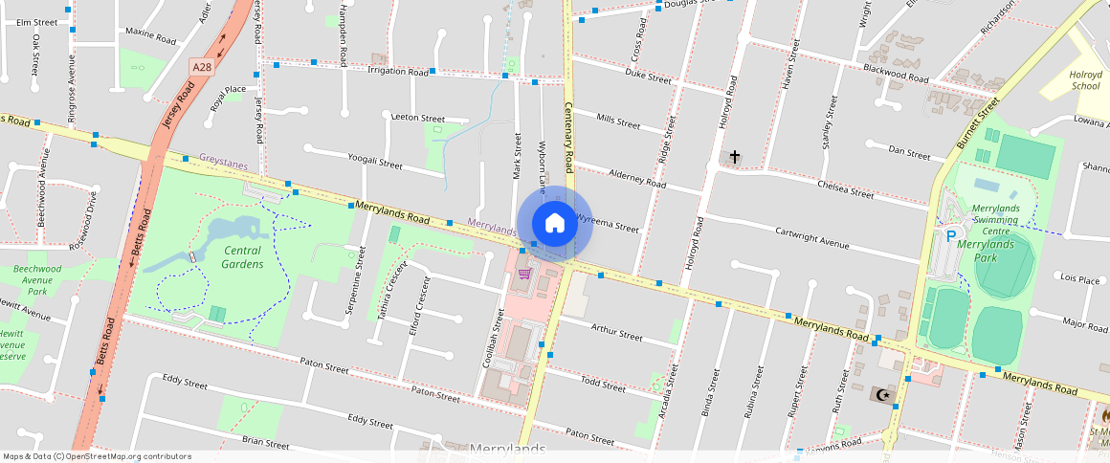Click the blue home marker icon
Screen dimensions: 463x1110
point(555,224)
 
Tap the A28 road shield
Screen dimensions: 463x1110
point(202,67)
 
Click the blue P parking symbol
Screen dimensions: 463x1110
point(951,235)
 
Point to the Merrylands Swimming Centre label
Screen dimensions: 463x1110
point(994,219)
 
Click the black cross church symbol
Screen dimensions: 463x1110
point(735,156)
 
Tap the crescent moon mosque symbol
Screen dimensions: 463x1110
point(883,394)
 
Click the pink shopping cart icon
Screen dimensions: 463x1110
point(524,274)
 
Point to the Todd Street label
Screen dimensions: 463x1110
point(603,385)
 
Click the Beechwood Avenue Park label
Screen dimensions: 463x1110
point(37,280)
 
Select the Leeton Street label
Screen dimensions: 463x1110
point(419,116)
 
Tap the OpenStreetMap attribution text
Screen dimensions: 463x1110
point(98,456)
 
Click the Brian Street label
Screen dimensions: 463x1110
point(265,443)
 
